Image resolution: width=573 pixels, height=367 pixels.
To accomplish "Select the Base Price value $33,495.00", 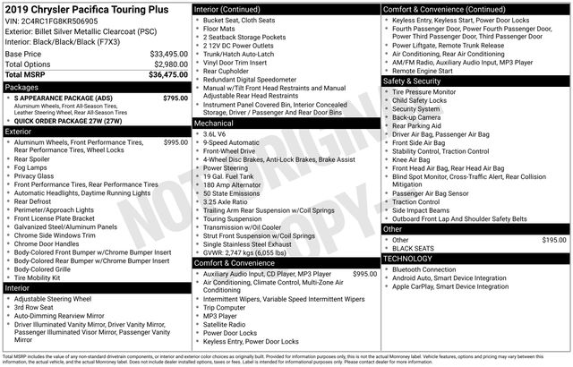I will point(168,54).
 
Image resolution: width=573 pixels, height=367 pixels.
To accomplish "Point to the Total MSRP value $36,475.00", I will point(168,75).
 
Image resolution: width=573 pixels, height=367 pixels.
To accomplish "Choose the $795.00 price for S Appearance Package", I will point(175,98).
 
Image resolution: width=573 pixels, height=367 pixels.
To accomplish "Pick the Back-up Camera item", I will point(416,117).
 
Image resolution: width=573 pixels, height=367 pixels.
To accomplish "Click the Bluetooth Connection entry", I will point(433,269).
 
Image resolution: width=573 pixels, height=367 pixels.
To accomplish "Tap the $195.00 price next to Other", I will point(554,240).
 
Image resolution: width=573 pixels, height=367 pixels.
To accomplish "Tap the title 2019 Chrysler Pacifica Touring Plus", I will point(81,8).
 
